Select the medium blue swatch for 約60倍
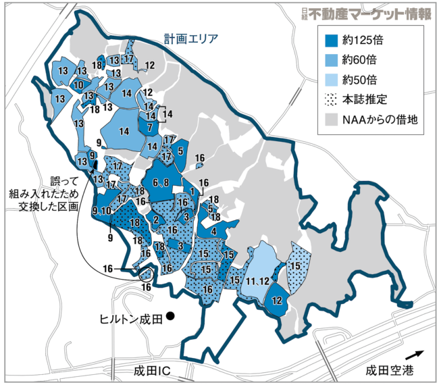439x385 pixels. pos(332,59)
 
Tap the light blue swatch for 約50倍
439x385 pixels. pos(332,79)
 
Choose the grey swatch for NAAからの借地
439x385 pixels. pos(332,120)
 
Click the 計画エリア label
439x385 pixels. pos(191,38)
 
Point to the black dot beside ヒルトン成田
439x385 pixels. pos(171,315)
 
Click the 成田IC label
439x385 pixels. pos(150,371)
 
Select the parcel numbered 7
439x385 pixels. pos(150,126)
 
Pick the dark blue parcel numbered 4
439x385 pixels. pos(215,232)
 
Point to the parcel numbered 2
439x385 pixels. pos(156,220)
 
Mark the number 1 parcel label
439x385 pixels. pos(192,192)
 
